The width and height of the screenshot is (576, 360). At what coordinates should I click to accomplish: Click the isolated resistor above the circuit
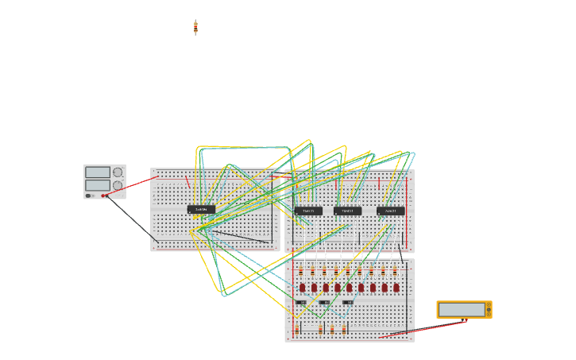(x=195, y=28)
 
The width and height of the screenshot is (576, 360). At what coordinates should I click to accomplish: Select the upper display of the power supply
(x=97, y=172)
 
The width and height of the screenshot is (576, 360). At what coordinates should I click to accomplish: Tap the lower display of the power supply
(x=97, y=185)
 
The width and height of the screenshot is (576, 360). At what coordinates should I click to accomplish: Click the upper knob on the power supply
(x=118, y=172)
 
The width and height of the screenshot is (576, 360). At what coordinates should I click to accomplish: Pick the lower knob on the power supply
(x=118, y=185)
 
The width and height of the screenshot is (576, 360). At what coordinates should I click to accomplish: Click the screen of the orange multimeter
(x=462, y=308)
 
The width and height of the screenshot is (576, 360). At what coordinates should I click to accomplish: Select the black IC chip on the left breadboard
(x=201, y=210)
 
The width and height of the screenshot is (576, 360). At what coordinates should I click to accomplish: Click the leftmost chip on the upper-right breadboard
(x=308, y=211)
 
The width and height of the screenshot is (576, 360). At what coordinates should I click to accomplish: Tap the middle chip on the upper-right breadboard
(x=347, y=211)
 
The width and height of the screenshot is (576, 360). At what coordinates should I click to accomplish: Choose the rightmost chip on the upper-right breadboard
(x=390, y=211)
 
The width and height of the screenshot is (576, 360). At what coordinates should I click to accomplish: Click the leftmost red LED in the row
(x=302, y=288)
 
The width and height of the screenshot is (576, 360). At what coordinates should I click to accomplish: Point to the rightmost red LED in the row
(x=396, y=288)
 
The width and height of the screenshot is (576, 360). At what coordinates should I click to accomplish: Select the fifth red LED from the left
(x=349, y=288)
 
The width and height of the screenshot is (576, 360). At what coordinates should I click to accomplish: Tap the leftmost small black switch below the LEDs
(x=301, y=303)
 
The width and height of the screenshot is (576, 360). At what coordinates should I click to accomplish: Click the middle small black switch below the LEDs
(x=324, y=303)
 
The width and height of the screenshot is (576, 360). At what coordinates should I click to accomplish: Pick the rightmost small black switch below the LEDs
(x=348, y=303)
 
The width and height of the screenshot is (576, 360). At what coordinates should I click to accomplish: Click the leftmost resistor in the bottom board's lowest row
(x=298, y=328)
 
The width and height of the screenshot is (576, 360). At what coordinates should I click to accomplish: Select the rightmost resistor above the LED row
(x=395, y=272)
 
